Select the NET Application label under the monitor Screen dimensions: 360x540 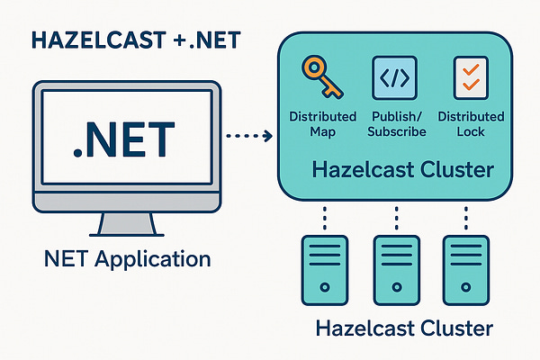(127, 260)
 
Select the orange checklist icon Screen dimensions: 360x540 (466, 78)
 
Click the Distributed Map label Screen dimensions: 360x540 (323, 124)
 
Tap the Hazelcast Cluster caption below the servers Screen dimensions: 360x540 (404, 328)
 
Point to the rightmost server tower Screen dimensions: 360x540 (465, 268)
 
